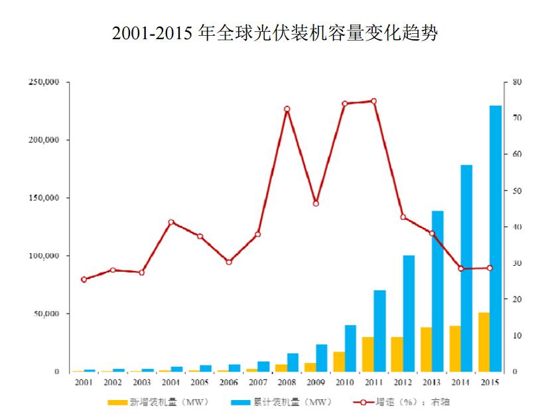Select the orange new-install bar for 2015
click(x=484, y=342)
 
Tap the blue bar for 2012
click(x=409, y=313)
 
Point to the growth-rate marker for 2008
click(x=287, y=109)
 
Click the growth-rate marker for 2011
click(x=374, y=101)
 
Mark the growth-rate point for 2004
click(x=171, y=222)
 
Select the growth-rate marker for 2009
click(x=316, y=203)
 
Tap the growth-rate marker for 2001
click(x=84, y=280)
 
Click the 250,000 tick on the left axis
click(x=44, y=82)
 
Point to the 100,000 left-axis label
click(x=44, y=256)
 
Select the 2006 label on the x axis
click(x=229, y=383)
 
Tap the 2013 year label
click(x=432, y=383)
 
